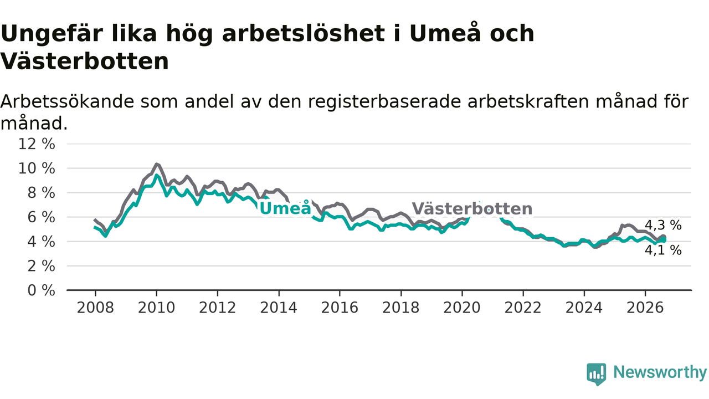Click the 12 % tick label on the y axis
[37, 144]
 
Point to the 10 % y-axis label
[37, 168]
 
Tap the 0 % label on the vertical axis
[41, 290]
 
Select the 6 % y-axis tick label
[41, 217]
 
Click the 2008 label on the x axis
[95, 308]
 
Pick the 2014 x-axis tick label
[279, 308]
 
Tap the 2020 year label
[462, 308]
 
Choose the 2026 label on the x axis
[645, 308]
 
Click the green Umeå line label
[285, 208]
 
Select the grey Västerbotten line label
[472, 209]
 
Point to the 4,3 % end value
[663, 225]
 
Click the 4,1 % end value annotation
[663, 250]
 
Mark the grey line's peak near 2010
[156, 164]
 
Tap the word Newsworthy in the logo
[660, 372]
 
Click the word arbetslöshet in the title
[304, 34]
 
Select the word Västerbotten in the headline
[85, 61]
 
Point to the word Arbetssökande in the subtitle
[68, 101]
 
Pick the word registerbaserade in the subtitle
[384, 102]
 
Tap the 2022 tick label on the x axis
[523, 308]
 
